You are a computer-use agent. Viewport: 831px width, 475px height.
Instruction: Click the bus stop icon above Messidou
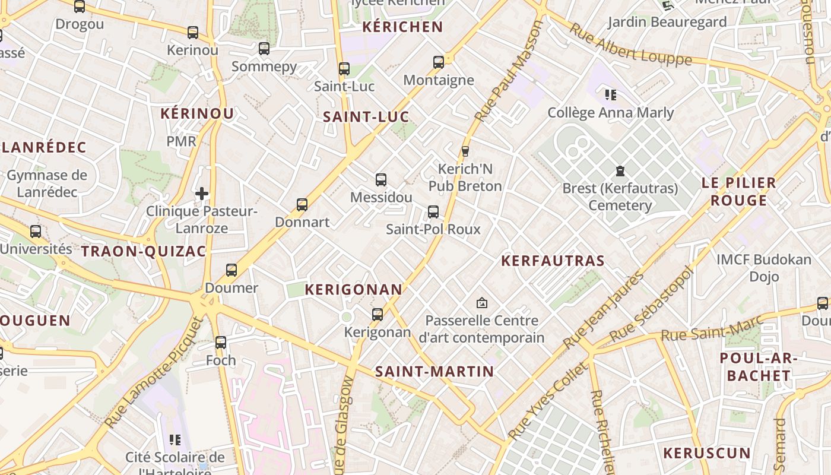[381, 179]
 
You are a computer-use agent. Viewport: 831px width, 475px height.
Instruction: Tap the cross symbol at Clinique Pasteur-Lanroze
[202, 194]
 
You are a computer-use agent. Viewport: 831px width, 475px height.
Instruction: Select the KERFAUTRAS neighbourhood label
[553, 261]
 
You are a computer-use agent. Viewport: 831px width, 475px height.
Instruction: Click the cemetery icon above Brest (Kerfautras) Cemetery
[620, 172]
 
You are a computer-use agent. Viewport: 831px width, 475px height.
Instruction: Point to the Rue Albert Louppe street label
[630, 45]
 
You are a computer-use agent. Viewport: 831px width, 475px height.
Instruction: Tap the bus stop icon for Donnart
[302, 205]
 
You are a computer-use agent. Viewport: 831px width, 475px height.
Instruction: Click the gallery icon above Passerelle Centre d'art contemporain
[482, 303]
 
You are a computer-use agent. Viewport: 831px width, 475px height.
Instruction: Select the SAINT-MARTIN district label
[434, 372]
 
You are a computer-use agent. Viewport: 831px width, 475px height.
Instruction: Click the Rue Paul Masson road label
[509, 71]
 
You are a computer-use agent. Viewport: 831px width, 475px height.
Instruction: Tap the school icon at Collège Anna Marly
[611, 94]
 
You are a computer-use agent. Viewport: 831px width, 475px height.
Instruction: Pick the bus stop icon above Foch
[221, 342]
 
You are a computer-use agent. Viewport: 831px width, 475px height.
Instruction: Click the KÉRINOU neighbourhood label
[197, 113]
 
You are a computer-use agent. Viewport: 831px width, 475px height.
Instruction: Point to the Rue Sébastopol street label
[652, 304]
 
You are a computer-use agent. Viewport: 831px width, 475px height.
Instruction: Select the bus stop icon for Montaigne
[439, 62]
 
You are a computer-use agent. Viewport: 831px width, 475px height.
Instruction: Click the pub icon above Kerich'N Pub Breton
[465, 151]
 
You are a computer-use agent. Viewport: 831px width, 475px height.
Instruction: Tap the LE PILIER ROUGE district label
[738, 191]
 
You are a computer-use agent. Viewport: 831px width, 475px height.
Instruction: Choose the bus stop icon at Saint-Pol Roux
[433, 211]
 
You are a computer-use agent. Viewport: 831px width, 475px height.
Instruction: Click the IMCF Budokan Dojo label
[763, 268]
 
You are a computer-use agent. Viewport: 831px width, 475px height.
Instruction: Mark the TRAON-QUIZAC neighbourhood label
[144, 251]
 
